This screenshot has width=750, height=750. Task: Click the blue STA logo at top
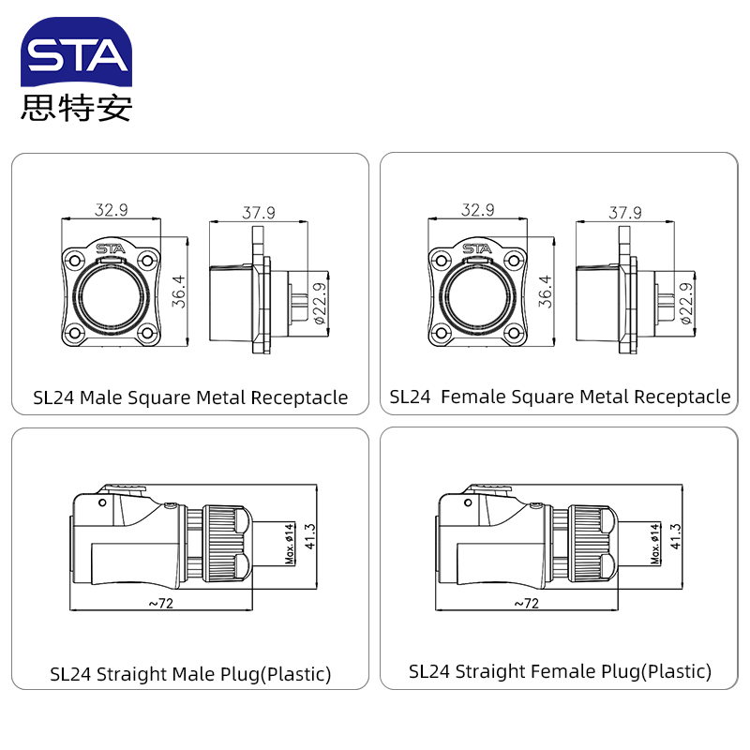click(x=77, y=52)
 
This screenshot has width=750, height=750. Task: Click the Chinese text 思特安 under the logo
click(x=77, y=108)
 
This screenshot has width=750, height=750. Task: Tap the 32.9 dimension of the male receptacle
click(x=111, y=209)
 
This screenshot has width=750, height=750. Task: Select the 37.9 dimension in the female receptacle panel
click(x=625, y=212)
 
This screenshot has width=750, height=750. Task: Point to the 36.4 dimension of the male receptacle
click(x=179, y=292)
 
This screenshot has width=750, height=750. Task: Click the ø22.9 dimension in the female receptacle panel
click(x=686, y=303)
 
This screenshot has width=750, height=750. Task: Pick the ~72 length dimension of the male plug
click(x=160, y=603)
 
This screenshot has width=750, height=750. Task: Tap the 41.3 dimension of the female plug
click(x=675, y=536)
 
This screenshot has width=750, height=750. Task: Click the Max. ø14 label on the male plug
click(x=290, y=544)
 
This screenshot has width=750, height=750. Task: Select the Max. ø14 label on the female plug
click(x=655, y=544)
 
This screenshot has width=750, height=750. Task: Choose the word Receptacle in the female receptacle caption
click(x=682, y=397)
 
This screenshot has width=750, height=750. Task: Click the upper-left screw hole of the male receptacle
click(x=75, y=261)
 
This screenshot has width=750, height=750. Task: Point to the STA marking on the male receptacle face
click(x=111, y=248)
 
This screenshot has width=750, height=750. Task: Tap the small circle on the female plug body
click(x=468, y=502)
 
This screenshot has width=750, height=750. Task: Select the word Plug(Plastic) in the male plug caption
click(x=275, y=674)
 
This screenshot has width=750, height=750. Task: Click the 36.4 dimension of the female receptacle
click(x=546, y=292)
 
